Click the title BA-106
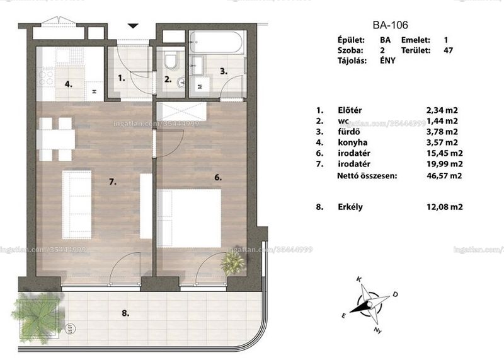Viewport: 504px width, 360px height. (390, 25)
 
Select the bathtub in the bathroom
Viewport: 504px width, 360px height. (217, 42)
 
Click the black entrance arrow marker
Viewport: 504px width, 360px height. (133, 26)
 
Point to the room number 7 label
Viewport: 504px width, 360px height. (113, 182)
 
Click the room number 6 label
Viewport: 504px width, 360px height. (218, 177)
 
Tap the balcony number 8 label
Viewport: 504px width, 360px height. (125, 313)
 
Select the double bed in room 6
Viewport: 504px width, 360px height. (189, 218)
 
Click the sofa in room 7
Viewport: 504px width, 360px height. (77, 205)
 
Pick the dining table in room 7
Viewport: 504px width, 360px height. (55, 139)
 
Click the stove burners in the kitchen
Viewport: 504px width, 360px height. (46, 78)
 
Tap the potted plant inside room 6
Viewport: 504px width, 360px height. (232, 262)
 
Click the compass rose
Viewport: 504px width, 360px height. (370, 305)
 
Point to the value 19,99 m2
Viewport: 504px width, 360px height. (445, 164)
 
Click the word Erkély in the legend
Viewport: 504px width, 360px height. (350, 207)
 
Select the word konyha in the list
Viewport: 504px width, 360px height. (353, 142)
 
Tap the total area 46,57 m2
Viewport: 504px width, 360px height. (444, 176)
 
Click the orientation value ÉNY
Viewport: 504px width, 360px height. (387, 61)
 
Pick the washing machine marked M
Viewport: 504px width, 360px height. (200, 86)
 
